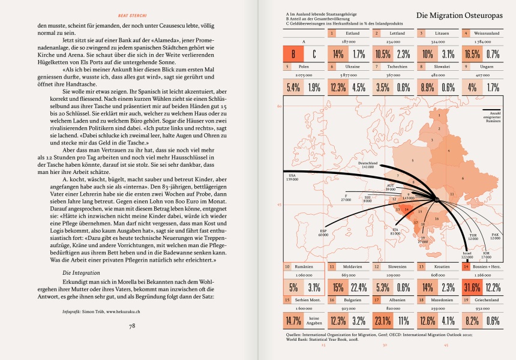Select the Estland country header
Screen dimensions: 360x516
[x=353, y=34]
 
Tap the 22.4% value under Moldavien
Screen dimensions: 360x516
[x=359, y=287]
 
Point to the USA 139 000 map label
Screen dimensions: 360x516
[x=292, y=177]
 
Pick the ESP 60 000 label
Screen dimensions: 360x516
[x=323, y=233]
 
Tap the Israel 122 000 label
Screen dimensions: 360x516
[x=467, y=255]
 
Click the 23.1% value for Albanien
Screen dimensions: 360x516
[x=383, y=320]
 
